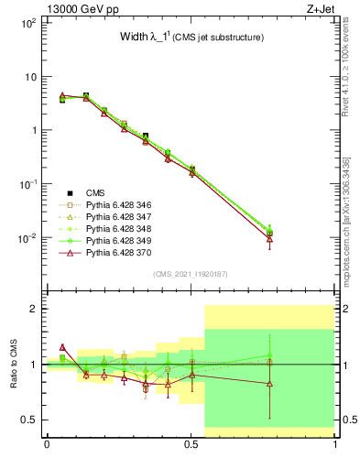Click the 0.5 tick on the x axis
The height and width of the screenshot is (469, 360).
pos(191,446)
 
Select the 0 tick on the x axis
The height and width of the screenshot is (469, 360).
pos(46,446)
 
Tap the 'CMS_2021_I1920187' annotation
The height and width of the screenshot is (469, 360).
pos(190,275)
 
